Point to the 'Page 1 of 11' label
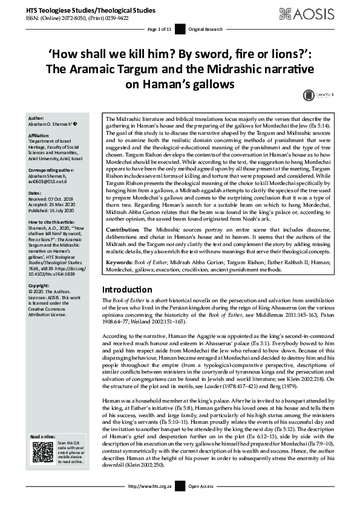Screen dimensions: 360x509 [x=160, y=29]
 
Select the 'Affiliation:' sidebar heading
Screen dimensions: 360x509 [x=40, y=136]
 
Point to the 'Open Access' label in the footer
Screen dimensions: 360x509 [x=201, y=502]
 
